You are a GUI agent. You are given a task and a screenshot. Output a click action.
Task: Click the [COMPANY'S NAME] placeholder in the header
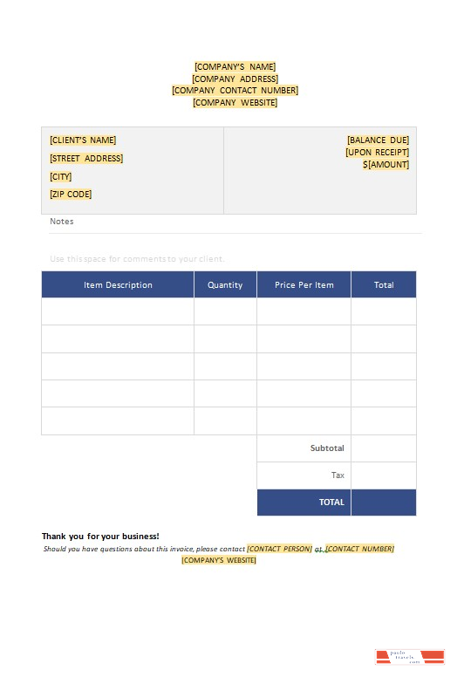(x=235, y=67)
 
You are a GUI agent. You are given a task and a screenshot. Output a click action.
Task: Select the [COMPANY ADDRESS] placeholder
(x=235, y=79)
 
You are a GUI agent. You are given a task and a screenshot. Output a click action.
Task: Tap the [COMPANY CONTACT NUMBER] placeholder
(x=235, y=91)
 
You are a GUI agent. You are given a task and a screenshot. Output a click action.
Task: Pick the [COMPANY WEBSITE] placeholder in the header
(x=235, y=103)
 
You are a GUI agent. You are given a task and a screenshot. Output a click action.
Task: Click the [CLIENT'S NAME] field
(x=83, y=140)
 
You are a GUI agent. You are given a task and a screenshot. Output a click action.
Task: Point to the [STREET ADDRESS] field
(x=86, y=159)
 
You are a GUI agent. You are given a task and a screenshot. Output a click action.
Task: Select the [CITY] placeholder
(x=61, y=177)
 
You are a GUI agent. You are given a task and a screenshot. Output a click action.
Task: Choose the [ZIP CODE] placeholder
(x=71, y=195)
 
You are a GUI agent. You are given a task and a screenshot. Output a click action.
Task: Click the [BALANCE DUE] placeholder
(x=378, y=140)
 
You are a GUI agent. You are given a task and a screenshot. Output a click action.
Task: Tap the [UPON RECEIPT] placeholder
(x=377, y=153)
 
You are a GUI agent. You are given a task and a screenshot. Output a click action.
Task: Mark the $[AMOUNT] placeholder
(x=386, y=165)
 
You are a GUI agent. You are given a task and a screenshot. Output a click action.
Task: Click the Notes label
(x=62, y=222)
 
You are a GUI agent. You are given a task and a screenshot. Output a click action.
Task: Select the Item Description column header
(x=118, y=285)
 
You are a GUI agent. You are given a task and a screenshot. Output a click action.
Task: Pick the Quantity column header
(x=225, y=285)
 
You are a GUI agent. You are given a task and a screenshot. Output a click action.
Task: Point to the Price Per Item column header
(x=304, y=285)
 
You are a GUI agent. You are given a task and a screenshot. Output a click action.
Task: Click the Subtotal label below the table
(x=327, y=448)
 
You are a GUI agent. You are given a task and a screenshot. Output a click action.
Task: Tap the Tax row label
(x=338, y=475)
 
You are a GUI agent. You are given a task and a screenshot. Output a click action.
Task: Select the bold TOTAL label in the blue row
(x=331, y=503)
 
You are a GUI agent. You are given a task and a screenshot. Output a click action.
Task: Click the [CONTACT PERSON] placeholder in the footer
(x=279, y=549)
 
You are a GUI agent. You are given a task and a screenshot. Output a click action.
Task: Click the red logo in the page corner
(x=410, y=657)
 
